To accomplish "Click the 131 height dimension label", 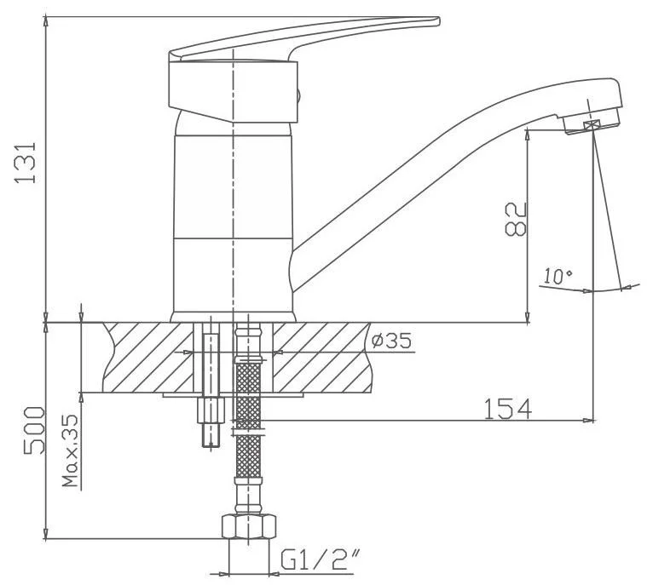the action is click(x=26, y=163).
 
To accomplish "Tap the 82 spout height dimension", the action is click(x=516, y=219).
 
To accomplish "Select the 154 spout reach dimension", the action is click(x=507, y=409).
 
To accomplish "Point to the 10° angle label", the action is click(x=557, y=276).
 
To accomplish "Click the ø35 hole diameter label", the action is click(x=391, y=341).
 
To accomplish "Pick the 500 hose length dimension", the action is click(x=33, y=430).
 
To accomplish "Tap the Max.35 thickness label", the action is click(x=70, y=450).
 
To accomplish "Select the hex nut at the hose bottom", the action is click(x=249, y=526).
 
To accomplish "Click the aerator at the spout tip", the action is click(x=591, y=120).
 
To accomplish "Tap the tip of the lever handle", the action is click(x=439, y=20).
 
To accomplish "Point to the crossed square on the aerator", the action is click(x=592, y=124).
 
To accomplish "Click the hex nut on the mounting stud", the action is click(x=211, y=410).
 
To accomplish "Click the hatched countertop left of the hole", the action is click(x=147, y=357).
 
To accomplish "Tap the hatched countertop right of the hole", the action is click(x=322, y=357).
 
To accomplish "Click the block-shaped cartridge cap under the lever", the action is click(x=233, y=91).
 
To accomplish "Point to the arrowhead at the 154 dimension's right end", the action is click(x=589, y=421).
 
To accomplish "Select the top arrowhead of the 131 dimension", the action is click(x=46, y=21).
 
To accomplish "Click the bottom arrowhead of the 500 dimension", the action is click(x=46, y=533).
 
